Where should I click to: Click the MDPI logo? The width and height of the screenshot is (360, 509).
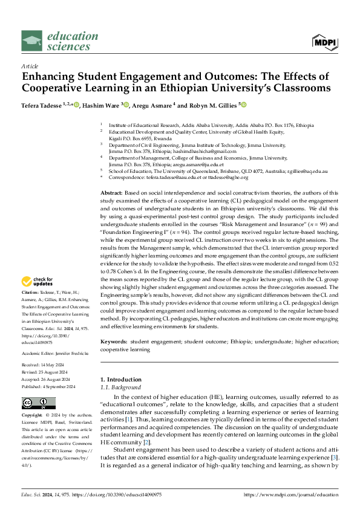pyautogui.click(x=326, y=42)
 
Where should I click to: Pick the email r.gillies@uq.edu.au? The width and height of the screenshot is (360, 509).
pyautogui.click(x=307, y=172)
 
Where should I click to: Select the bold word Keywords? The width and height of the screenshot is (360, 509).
pyautogui.click(x=115, y=342)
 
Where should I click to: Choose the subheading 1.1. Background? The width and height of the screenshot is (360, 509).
pyautogui.click(x=120, y=387)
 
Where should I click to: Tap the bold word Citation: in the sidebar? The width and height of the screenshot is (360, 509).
pyautogui.click(x=31, y=292)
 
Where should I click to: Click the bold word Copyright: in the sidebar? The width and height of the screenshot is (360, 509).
pyautogui.click(x=33, y=416)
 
